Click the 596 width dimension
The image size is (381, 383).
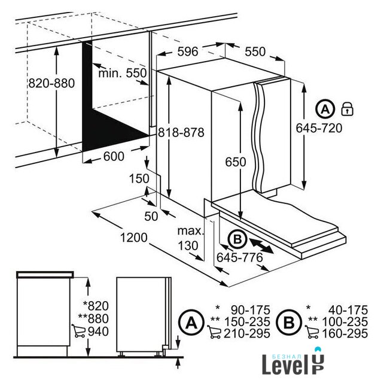click(x=187, y=51)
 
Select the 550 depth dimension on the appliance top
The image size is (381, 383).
click(x=255, y=51)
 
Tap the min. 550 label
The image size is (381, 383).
click(x=122, y=73)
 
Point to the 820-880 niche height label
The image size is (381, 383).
click(x=51, y=83)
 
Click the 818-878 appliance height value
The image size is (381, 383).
click(x=181, y=133)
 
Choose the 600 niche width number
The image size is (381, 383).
click(x=114, y=156)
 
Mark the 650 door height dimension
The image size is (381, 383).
click(x=236, y=162)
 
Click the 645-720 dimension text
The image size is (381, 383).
click(x=319, y=128)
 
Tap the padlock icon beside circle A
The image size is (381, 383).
click(x=347, y=109)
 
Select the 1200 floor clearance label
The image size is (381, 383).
click(x=134, y=238)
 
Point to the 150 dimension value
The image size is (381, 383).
click(x=139, y=178)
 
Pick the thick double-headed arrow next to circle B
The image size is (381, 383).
click(x=261, y=246)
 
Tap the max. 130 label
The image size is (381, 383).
click(x=190, y=238)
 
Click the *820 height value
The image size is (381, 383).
click(x=96, y=306)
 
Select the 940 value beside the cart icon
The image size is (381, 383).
click(x=98, y=332)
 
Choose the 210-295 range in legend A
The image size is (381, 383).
click(x=247, y=333)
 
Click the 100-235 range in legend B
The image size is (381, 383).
click(x=345, y=322)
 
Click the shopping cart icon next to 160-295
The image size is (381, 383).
click(x=312, y=332)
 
